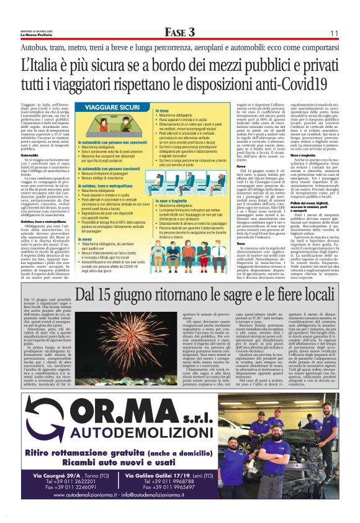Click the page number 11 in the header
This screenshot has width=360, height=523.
click(x=333, y=33)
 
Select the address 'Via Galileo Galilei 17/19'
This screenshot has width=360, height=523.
click(x=163, y=476)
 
